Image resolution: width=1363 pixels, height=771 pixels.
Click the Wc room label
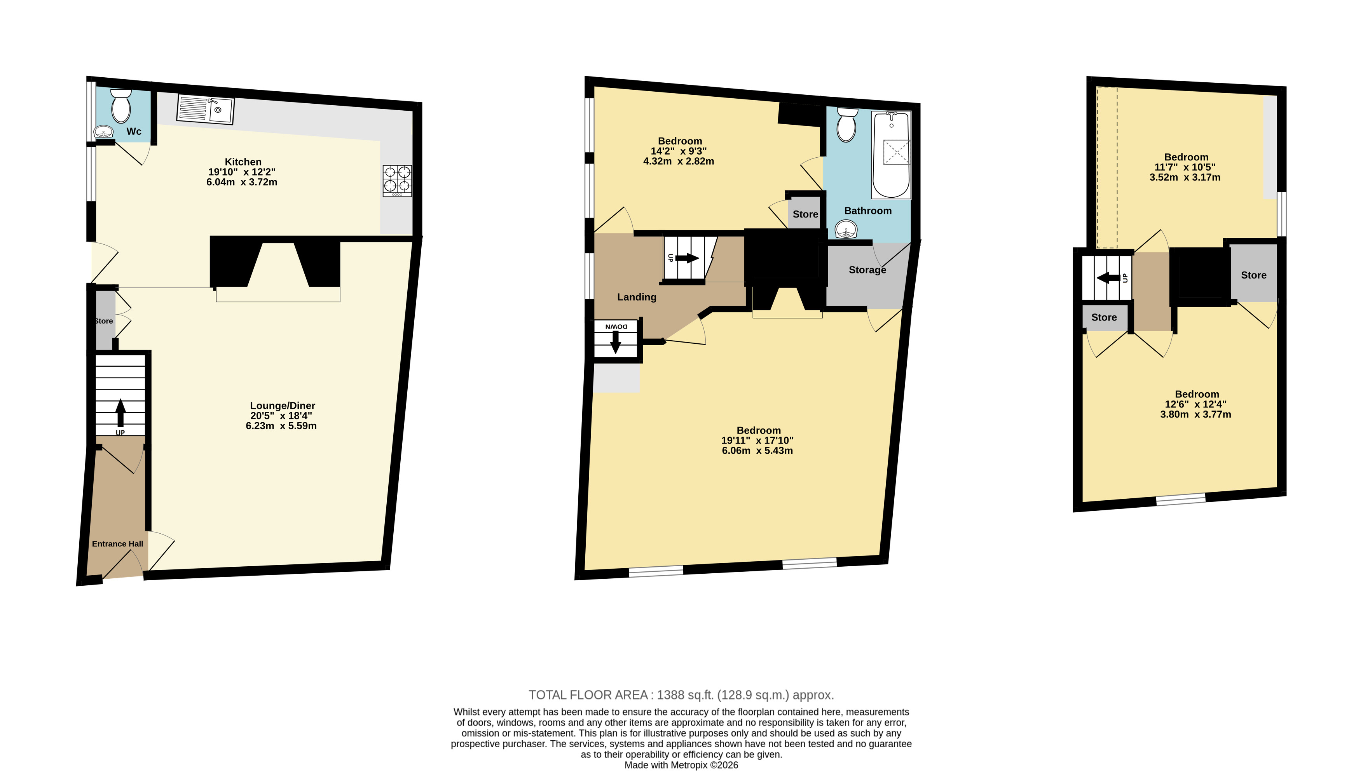134,131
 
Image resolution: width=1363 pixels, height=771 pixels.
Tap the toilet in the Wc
121,106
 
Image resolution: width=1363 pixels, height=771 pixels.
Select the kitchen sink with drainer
206,110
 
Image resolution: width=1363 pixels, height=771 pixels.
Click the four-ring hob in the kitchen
397,181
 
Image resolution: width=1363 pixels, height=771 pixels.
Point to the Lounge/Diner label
282,406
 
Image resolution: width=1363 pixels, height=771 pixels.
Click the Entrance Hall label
118,544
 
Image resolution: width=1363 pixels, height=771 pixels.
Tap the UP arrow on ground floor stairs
120,412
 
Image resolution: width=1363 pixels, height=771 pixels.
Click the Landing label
637,297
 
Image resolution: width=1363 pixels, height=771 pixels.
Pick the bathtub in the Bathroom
891,155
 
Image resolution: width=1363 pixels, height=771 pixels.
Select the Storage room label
867,270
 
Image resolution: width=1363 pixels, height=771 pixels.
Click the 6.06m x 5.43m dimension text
757,451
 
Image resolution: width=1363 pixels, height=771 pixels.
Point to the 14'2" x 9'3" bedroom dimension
679,151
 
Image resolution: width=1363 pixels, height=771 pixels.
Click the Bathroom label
868,211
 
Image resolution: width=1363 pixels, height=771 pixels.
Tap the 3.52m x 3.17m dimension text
1185,178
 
